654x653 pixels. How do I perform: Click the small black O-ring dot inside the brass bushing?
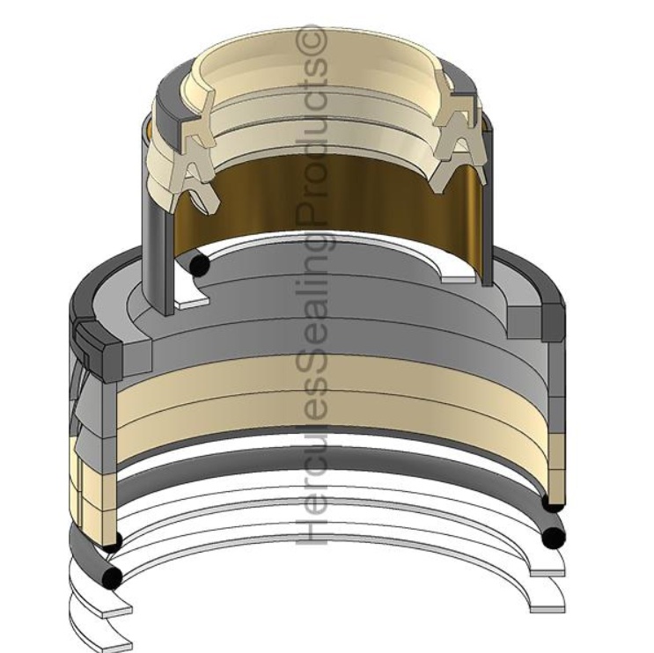[x=201, y=264]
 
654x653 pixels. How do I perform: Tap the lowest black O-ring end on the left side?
[x=111, y=577]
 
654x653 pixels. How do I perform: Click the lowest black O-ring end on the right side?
[x=553, y=536]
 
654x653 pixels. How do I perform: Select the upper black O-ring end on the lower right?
[x=553, y=503]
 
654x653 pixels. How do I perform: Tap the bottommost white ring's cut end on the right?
[x=547, y=605]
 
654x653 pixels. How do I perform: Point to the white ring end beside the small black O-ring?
[x=194, y=299]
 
